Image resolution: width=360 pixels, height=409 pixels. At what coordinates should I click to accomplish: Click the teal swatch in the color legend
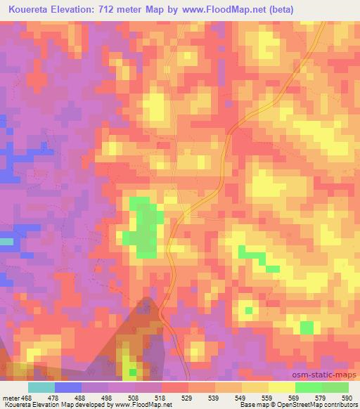[x=41, y=387]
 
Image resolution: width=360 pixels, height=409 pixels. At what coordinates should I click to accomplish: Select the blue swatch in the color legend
[x=67, y=387]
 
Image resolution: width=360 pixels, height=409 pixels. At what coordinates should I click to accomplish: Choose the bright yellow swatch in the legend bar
[x=281, y=387]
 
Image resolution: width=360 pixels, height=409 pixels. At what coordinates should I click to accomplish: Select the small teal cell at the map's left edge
[x=6, y=242]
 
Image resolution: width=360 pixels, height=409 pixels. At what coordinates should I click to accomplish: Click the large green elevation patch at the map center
[x=145, y=228]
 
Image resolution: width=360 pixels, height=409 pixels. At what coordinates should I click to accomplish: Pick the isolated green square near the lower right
[x=307, y=327]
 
